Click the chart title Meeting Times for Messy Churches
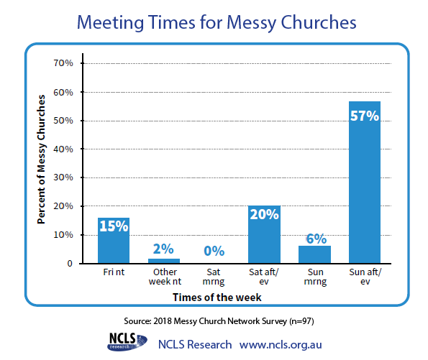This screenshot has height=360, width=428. [217, 22]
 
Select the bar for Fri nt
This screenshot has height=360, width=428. [114, 241]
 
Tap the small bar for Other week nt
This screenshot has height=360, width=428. [164, 261]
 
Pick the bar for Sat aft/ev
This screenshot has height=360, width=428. [264, 234]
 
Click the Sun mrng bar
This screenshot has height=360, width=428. [314, 254]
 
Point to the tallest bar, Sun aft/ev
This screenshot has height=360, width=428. [365, 183]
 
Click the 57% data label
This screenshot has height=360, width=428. [365, 116]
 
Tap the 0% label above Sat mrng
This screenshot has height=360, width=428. [214, 251]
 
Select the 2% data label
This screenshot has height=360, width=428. [163, 249]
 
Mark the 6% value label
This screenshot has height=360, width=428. [317, 239]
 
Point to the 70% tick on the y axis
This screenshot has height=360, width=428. [63, 63]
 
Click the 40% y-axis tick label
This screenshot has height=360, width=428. [63, 149]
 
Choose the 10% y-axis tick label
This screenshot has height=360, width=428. [63, 235]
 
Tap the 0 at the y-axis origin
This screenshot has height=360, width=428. [70, 264]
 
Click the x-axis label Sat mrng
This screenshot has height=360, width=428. [214, 277]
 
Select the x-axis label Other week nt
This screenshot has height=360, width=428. [165, 277]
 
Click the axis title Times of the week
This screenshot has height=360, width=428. [217, 297]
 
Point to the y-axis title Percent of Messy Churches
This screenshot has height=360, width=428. [41, 160]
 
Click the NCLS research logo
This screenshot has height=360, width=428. [127, 341]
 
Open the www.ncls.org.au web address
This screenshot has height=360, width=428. [281, 345]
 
